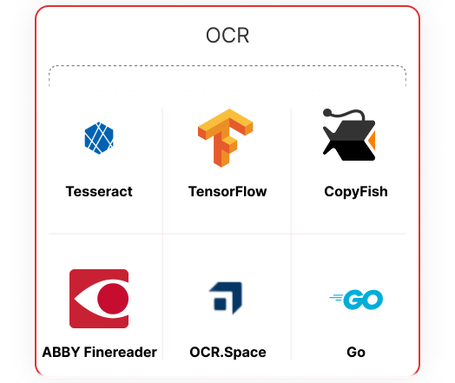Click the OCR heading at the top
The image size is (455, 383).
coord(227,36)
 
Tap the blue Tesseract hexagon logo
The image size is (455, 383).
coord(99,138)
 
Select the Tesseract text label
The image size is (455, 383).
coord(99,191)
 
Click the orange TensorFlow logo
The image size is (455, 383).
coord(226,138)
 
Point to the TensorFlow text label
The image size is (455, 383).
coord(227,191)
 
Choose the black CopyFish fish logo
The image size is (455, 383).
coord(349,135)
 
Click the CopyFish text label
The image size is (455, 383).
coord(356,192)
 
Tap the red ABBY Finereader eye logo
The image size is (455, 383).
coord(99,299)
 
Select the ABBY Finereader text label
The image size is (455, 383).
coord(100,353)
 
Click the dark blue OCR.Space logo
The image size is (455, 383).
coord(226,298)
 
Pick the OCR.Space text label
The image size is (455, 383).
coord(227,353)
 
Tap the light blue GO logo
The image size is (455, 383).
coord(356,300)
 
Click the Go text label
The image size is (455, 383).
coord(356,353)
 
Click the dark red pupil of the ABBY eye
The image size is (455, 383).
coord(113,299)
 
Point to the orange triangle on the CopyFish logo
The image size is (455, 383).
coord(372,141)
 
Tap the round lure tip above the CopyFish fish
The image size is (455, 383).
coord(327,112)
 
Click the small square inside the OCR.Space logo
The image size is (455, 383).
coord(220,304)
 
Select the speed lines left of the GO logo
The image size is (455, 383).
coord(336,298)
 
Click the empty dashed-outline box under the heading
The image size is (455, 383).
coord(227,77)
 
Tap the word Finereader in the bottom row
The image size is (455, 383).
coord(121,353)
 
